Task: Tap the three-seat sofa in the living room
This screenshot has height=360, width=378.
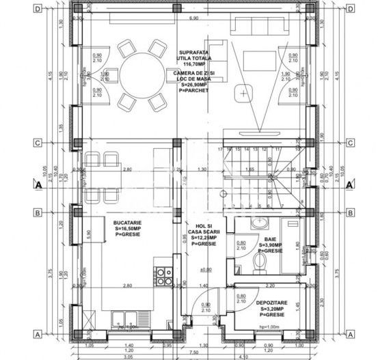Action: coord(260,25)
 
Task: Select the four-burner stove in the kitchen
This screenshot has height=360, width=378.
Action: coord(164,275)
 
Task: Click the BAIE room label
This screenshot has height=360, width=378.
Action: coord(270,239)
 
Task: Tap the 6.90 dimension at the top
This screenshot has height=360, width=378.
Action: coord(193,18)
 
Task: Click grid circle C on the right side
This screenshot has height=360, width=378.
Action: coord(350,143)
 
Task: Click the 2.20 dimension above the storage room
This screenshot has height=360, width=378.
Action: coord(269,284)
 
